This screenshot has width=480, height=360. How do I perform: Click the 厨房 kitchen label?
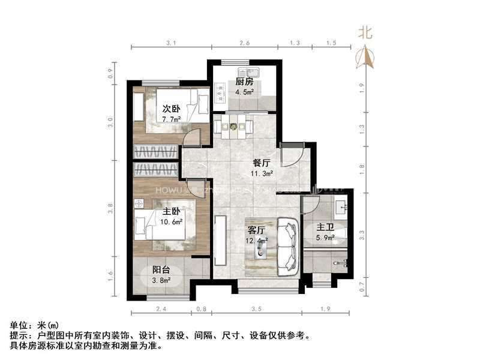[244, 82]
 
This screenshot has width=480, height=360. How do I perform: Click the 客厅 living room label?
[256, 229]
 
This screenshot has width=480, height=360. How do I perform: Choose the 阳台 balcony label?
[160, 269]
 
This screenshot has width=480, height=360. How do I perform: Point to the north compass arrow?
[365, 57]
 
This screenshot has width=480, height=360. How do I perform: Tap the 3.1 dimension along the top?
[170, 43]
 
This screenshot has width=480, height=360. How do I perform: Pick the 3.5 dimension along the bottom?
[257, 310]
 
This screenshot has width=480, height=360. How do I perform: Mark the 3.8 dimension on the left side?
[110, 209]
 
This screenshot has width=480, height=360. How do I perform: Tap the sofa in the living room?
[290, 247]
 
